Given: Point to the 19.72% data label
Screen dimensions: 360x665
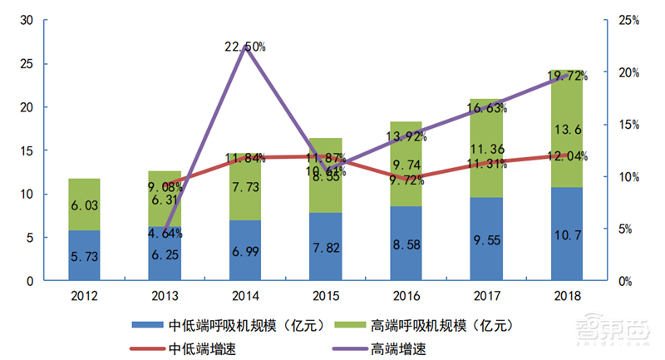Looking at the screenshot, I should point(568,76).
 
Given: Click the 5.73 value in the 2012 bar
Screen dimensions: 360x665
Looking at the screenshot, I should point(84,258).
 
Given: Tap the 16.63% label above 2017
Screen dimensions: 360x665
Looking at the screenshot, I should point(487,108).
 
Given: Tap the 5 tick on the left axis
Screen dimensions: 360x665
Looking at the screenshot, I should point(32,238).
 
